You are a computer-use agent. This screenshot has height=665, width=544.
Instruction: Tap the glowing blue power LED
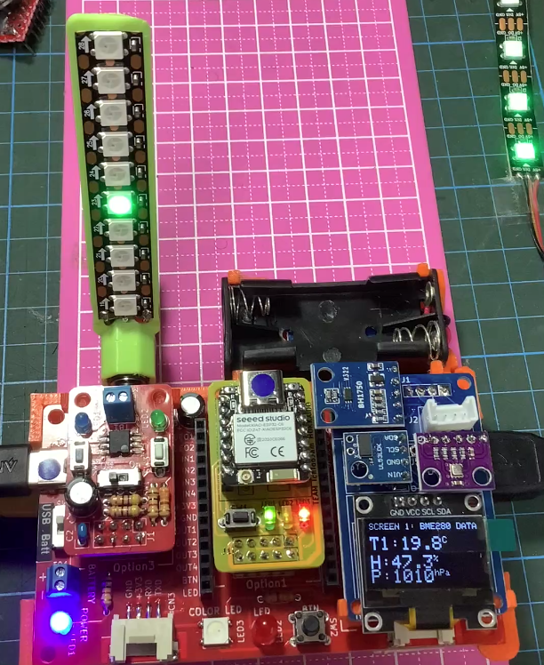(60, 622)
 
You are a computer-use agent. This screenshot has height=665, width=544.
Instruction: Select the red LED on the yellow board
(303, 514)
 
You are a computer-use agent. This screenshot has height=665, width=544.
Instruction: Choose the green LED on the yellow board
(268, 514)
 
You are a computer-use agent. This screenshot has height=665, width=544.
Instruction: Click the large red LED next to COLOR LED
(264, 634)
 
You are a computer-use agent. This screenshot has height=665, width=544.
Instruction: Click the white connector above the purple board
(442, 413)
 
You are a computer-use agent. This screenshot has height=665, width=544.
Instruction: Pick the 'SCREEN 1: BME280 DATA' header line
(422, 526)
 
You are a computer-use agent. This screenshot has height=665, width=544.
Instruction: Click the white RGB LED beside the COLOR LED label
(213, 632)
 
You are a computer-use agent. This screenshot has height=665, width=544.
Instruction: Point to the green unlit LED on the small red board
(158, 419)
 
